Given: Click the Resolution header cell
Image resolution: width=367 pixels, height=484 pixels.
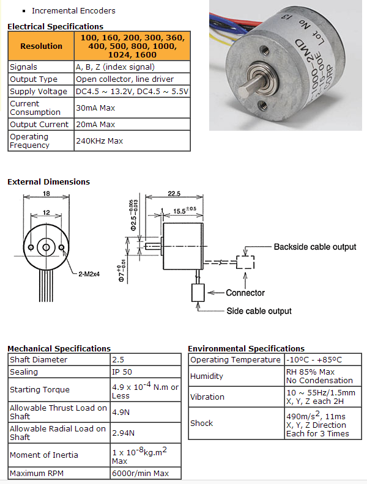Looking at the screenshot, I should point(41,46).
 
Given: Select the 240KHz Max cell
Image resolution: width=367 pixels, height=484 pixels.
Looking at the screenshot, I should point(99,141).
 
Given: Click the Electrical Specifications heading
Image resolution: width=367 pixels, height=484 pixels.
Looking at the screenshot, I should point(55,26).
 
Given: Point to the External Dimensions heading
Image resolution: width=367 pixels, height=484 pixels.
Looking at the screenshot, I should point(48,182).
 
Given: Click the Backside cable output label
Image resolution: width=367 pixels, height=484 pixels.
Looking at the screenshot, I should point(314,247).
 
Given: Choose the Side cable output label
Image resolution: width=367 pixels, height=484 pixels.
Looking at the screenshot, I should point(259,311).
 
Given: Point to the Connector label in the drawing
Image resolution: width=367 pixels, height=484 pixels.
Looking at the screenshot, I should point(245,293).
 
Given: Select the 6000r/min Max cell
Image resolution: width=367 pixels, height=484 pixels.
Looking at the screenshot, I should point(140,473).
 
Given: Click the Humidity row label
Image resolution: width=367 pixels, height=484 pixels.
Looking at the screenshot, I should point(207,376).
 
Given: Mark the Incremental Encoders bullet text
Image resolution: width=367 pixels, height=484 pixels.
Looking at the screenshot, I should point(73,10).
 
